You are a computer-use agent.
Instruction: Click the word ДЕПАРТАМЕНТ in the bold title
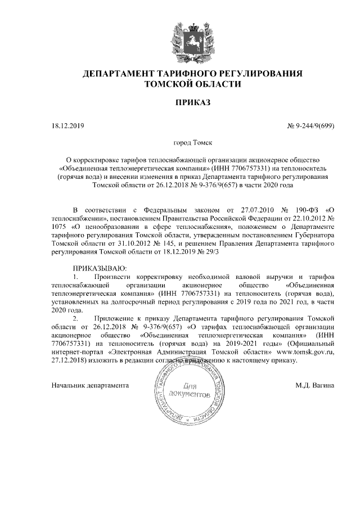click(x=125, y=74)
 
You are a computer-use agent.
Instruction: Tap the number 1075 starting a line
click(x=59, y=227)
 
